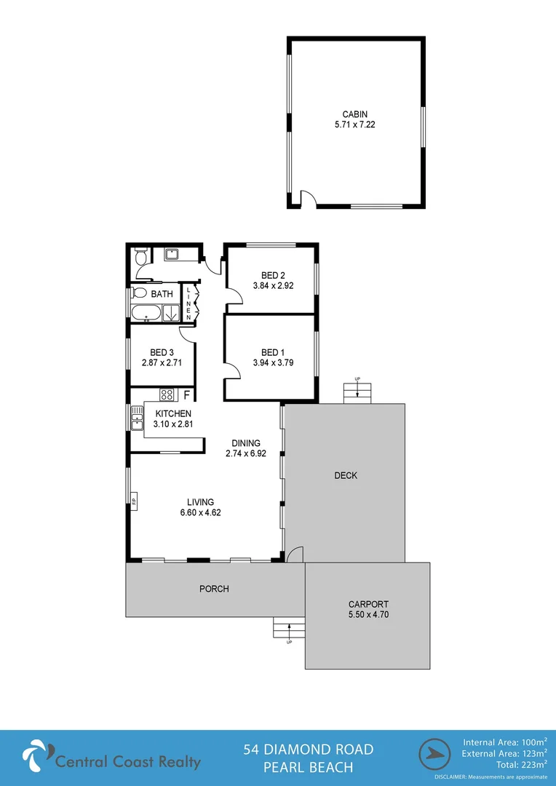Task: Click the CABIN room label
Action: pyautogui.click(x=355, y=114)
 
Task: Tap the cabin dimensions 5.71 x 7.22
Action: pyautogui.click(x=355, y=124)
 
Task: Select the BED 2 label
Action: pyautogui.click(x=273, y=275)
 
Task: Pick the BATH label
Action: pyautogui.click(x=162, y=295)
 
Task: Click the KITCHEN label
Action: pyautogui.click(x=172, y=413)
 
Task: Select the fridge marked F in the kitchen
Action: pyautogui.click(x=186, y=396)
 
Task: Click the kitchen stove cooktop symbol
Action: pyautogui.click(x=167, y=395)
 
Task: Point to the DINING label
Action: pyautogui.click(x=246, y=442)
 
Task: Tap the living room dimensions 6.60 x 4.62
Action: pyautogui.click(x=200, y=512)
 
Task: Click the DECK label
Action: pyautogui.click(x=346, y=476)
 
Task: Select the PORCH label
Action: pyautogui.click(x=214, y=589)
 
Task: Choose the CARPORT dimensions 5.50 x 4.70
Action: pyautogui.click(x=368, y=614)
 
